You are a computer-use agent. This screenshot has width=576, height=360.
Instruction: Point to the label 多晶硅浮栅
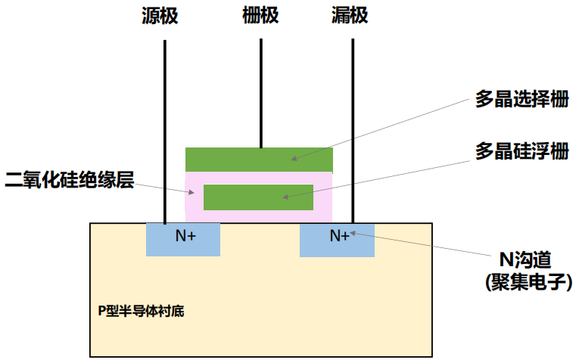[x=522, y=151]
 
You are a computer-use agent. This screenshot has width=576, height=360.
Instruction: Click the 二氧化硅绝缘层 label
[x=70, y=180]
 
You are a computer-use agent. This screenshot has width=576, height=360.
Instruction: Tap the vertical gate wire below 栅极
[x=261, y=91]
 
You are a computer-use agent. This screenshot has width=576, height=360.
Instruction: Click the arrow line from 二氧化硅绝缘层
[x=167, y=187]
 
